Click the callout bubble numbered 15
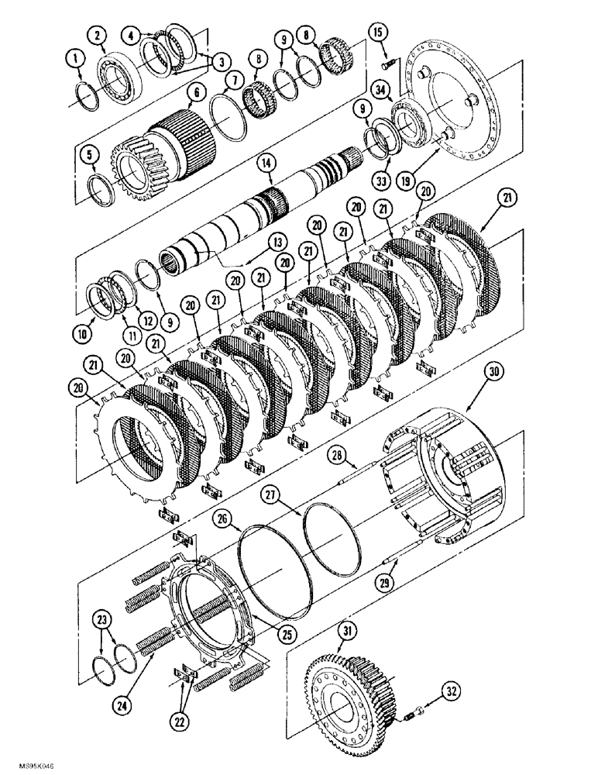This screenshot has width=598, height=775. pos(377,33)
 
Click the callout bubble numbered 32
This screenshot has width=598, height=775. pos(450,688)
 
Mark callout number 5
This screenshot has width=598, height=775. pos(91,157)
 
